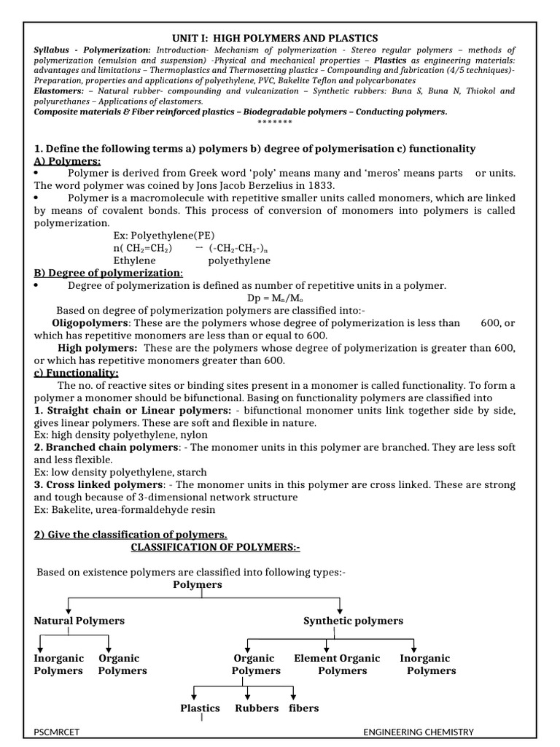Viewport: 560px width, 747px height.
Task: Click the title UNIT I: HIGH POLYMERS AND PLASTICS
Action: (x=274, y=37)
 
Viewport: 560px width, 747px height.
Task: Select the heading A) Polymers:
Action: (x=67, y=161)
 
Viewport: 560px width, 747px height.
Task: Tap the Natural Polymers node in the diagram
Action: (x=79, y=621)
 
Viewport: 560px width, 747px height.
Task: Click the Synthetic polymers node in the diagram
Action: (x=353, y=621)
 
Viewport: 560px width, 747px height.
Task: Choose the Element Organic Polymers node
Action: (x=337, y=665)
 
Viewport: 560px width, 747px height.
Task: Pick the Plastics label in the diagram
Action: (x=201, y=708)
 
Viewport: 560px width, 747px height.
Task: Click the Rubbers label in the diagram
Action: (x=257, y=708)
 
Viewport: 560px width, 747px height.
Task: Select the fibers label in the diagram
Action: (x=303, y=708)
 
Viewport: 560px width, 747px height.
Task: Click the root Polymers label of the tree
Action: (x=198, y=584)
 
